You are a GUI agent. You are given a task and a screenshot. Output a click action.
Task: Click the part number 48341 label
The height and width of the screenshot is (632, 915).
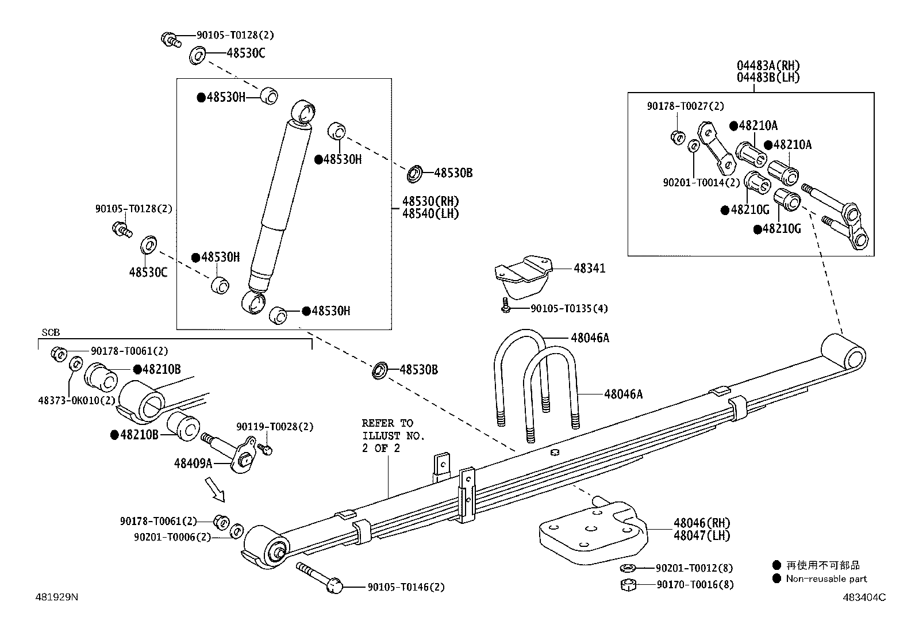[x=589, y=268]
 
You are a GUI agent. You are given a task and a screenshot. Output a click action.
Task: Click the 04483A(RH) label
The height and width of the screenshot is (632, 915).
[x=768, y=66]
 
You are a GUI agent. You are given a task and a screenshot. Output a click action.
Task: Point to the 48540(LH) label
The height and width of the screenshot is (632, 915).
[x=430, y=213]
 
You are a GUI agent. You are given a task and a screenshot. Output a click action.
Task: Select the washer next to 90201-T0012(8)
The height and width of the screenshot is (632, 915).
[x=628, y=568]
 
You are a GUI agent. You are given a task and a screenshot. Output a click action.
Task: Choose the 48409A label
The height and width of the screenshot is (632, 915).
[x=193, y=462]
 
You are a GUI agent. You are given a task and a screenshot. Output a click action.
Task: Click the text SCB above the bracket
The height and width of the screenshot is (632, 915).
[x=51, y=333]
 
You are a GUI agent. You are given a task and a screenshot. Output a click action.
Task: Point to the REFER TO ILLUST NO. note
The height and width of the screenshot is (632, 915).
[x=393, y=435]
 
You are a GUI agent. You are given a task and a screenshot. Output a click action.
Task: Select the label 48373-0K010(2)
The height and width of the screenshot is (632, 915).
[x=76, y=400]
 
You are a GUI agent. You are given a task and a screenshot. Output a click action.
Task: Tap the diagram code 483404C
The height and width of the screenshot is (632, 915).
[x=865, y=597]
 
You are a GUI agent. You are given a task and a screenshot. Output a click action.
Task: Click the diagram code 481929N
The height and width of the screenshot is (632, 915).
[x=56, y=597]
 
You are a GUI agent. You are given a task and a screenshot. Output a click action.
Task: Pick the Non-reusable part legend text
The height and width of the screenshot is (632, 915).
[x=826, y=579]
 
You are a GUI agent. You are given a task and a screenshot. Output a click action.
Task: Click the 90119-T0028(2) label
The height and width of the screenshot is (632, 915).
[x=275, y=427]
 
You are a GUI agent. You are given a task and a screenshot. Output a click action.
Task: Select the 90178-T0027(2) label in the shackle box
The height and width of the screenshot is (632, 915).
[x=685, y=106]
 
